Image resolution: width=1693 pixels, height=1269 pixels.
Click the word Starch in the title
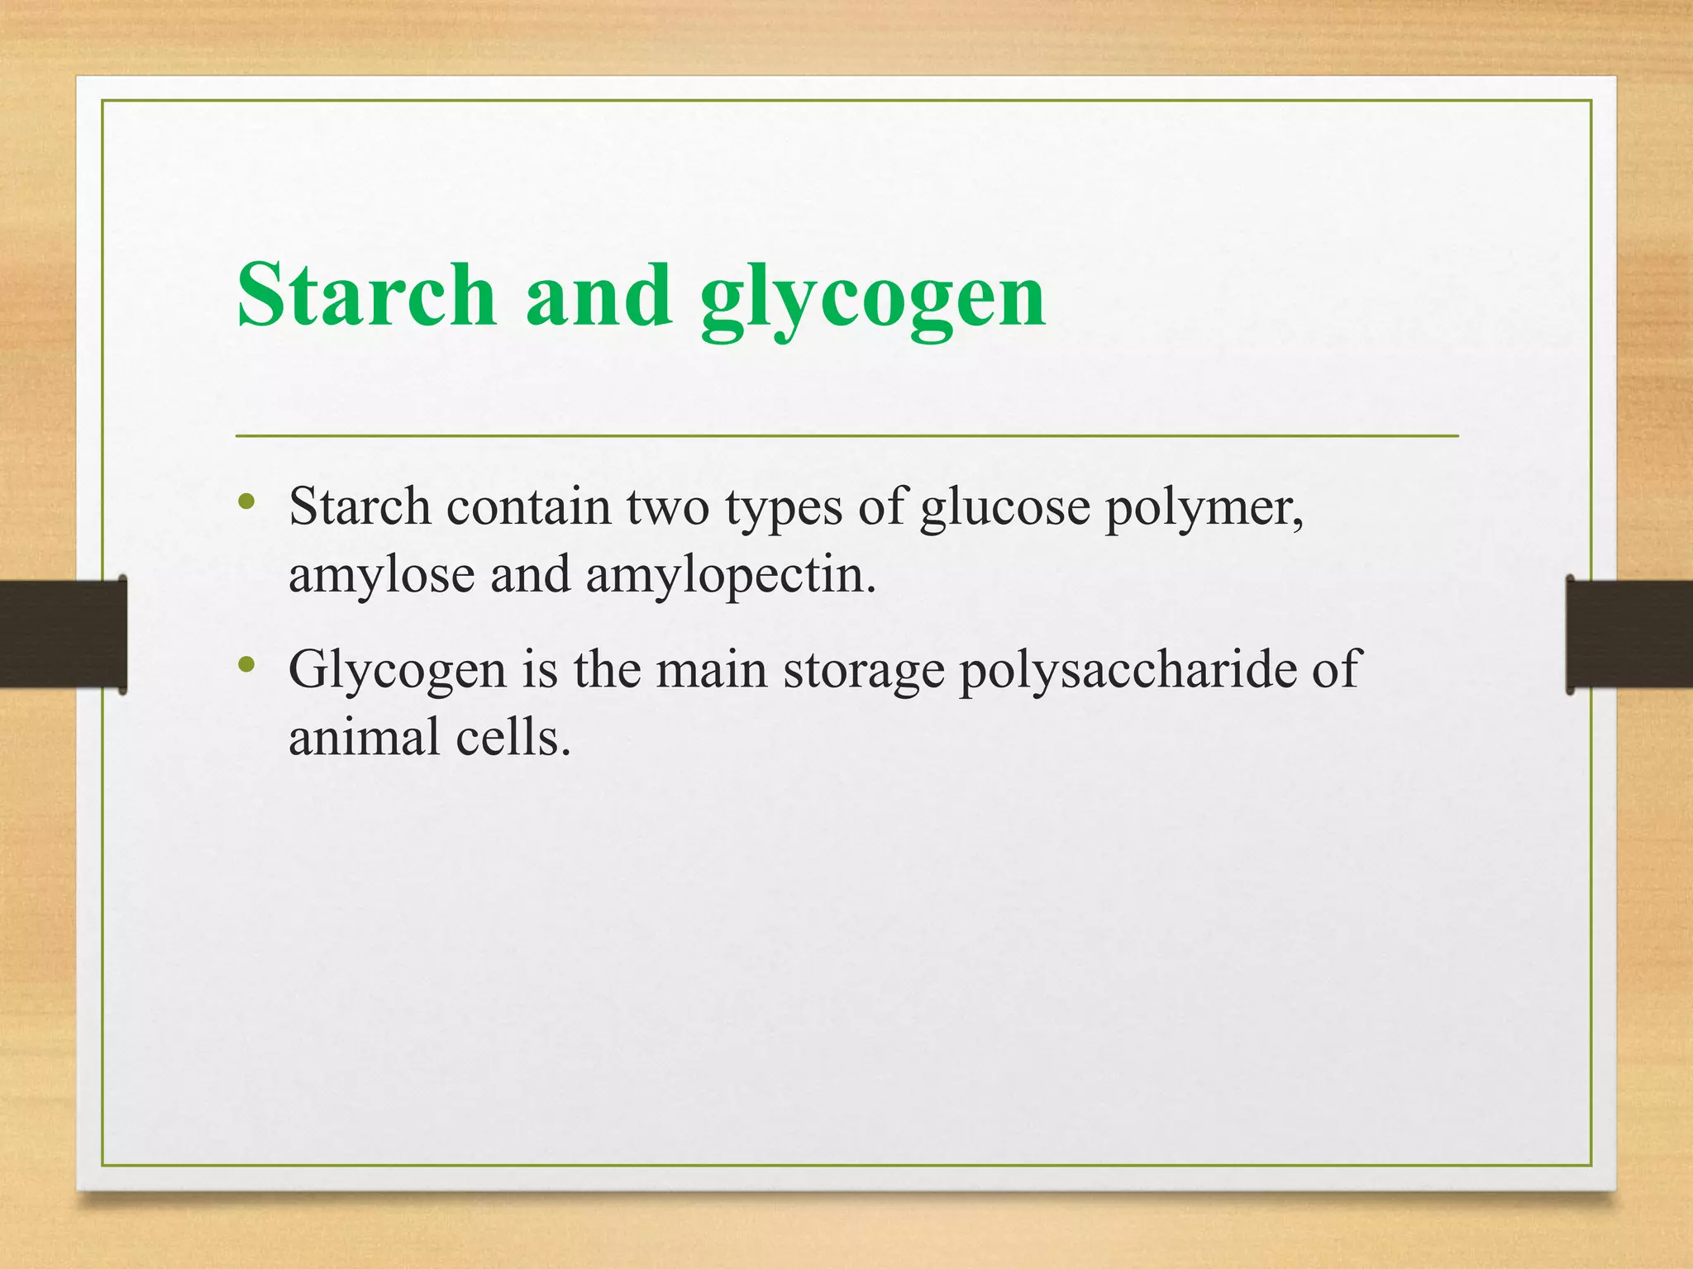pyautogui.click(x=366, y=295)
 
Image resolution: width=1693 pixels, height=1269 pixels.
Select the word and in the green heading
pyautogui.click(x=599, y=295)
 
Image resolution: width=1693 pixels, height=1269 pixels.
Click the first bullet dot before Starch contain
pyautogui.click(x=246, y=502)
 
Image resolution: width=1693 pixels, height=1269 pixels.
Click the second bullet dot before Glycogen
pyautogui.click(x=246, y=664)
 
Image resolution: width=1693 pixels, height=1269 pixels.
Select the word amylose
pyautogui.click(x=381, y=576)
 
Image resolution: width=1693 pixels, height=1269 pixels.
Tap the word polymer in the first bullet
pyautogui.click(x=1204, y=508)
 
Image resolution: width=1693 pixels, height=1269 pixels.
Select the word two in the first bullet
pyautogui.click(x=668, y=506)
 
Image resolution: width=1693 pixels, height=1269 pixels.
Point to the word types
pyautogui.click(x=784, y=508)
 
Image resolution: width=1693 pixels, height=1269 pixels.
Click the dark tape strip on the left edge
pyautogui.click(x=63, y=634)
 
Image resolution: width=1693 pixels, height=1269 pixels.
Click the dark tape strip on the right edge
pyautogui.click(x=1629, y=634)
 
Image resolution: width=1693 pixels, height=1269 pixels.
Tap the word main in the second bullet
pyautogui.click(x=712, y=669)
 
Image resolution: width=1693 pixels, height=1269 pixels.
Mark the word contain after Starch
pyautogui.click(x=528, y=506)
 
